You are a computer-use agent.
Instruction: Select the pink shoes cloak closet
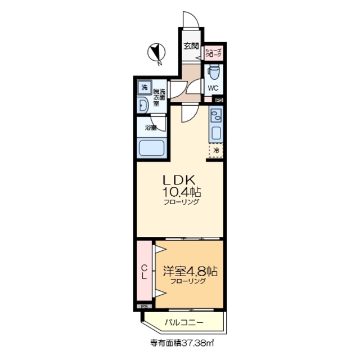pyautogui.click(x=214, y=53)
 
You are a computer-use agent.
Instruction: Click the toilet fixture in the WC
pyautogui.click(x=213, y=73)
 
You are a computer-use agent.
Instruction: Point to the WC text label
pyautogui.click(x=213, y=88)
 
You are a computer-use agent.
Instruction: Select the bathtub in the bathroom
pyautogui.click(x=151, y=150)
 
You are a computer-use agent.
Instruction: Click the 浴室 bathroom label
pyautogui.click(x=151, y=128)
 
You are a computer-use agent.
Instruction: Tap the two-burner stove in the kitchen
pyautogui.click(x=215, y=116)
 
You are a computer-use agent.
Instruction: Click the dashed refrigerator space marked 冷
pyautogui.click(x=215, y=150)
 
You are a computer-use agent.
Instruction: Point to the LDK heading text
pyautogui.click(x=179, y=180)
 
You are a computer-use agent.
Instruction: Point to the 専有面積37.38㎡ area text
pyautogui.click(x=179, y=342)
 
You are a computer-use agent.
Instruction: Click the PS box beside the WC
pyautogui.click(x=219, y=100)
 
